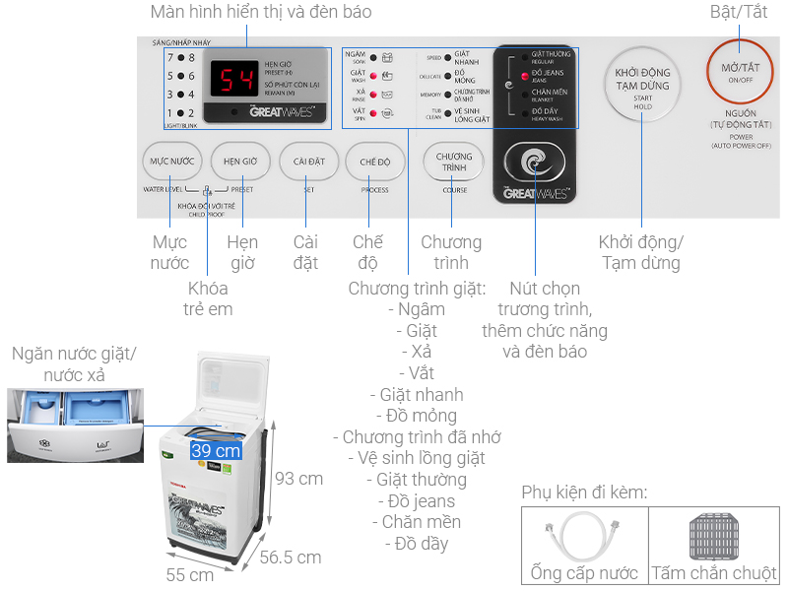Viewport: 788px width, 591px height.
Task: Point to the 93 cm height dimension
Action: [298, 479]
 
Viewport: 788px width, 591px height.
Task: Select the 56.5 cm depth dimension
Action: [290, 558]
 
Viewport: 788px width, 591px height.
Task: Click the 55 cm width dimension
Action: [190, 574]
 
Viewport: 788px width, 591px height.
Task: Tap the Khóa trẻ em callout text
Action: [209, 298]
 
